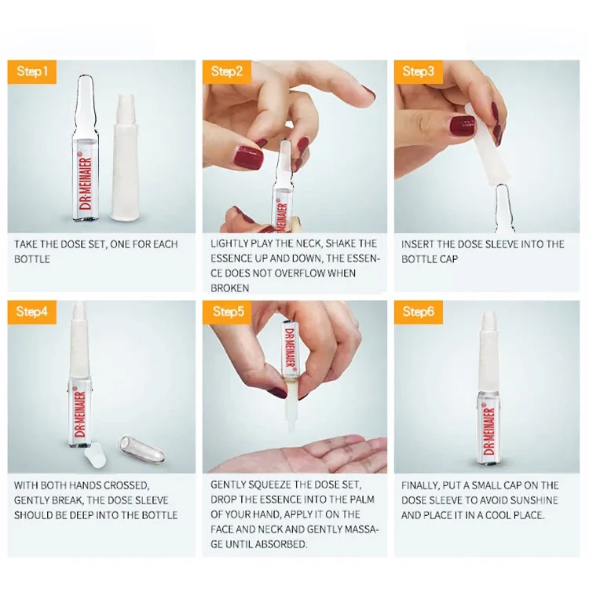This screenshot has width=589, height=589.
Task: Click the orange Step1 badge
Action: click(x=32, y=71)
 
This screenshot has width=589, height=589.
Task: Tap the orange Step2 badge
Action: click(x=227, y=71)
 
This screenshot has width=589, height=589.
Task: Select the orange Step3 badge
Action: click(x=419, y=71)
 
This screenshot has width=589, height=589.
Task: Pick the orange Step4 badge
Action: click(x=32, y=312)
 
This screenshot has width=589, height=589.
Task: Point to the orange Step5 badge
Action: click(x=227, y=312)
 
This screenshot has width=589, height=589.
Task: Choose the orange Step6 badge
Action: click(x=419, y=312)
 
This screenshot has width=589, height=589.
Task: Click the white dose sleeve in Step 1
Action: click(x=125, y=158)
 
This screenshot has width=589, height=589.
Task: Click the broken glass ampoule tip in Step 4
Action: click(x=141, y=449)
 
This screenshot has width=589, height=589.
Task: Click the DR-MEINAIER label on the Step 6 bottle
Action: click(x=489, y=431)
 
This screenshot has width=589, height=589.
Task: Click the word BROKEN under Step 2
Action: click(x=230, y=288)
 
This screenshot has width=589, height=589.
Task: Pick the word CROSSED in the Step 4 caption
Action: click(x=126, y=485)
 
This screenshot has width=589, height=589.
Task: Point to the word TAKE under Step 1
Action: click(x=26, y=244)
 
